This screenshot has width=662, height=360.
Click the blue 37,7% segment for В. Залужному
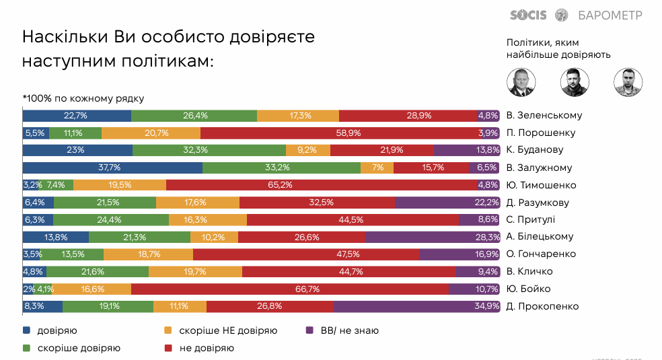tap(112, 168)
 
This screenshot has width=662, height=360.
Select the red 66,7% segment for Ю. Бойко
tap(290, 289)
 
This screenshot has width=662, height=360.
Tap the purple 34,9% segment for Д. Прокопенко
tap(416, 306)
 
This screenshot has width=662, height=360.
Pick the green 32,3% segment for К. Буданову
tap(209, 150)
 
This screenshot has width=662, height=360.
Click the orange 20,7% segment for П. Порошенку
tap(151, 133)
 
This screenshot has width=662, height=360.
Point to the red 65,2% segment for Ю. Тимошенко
tap(322, 185)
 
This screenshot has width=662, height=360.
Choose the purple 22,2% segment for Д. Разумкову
tap(447, 203)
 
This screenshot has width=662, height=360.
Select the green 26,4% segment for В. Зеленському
tap(194, 115)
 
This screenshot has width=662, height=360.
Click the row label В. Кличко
tap(529, 271)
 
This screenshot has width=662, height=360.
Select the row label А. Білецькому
tap(540, 237)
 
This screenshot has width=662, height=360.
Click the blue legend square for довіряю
tap(26, 330)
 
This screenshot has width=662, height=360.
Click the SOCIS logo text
tap(529, 15)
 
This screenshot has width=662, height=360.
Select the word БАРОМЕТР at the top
tap(610, 15)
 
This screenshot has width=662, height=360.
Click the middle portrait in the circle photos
tap(574, 82)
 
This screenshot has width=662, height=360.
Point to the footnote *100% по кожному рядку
tap(83, 98)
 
